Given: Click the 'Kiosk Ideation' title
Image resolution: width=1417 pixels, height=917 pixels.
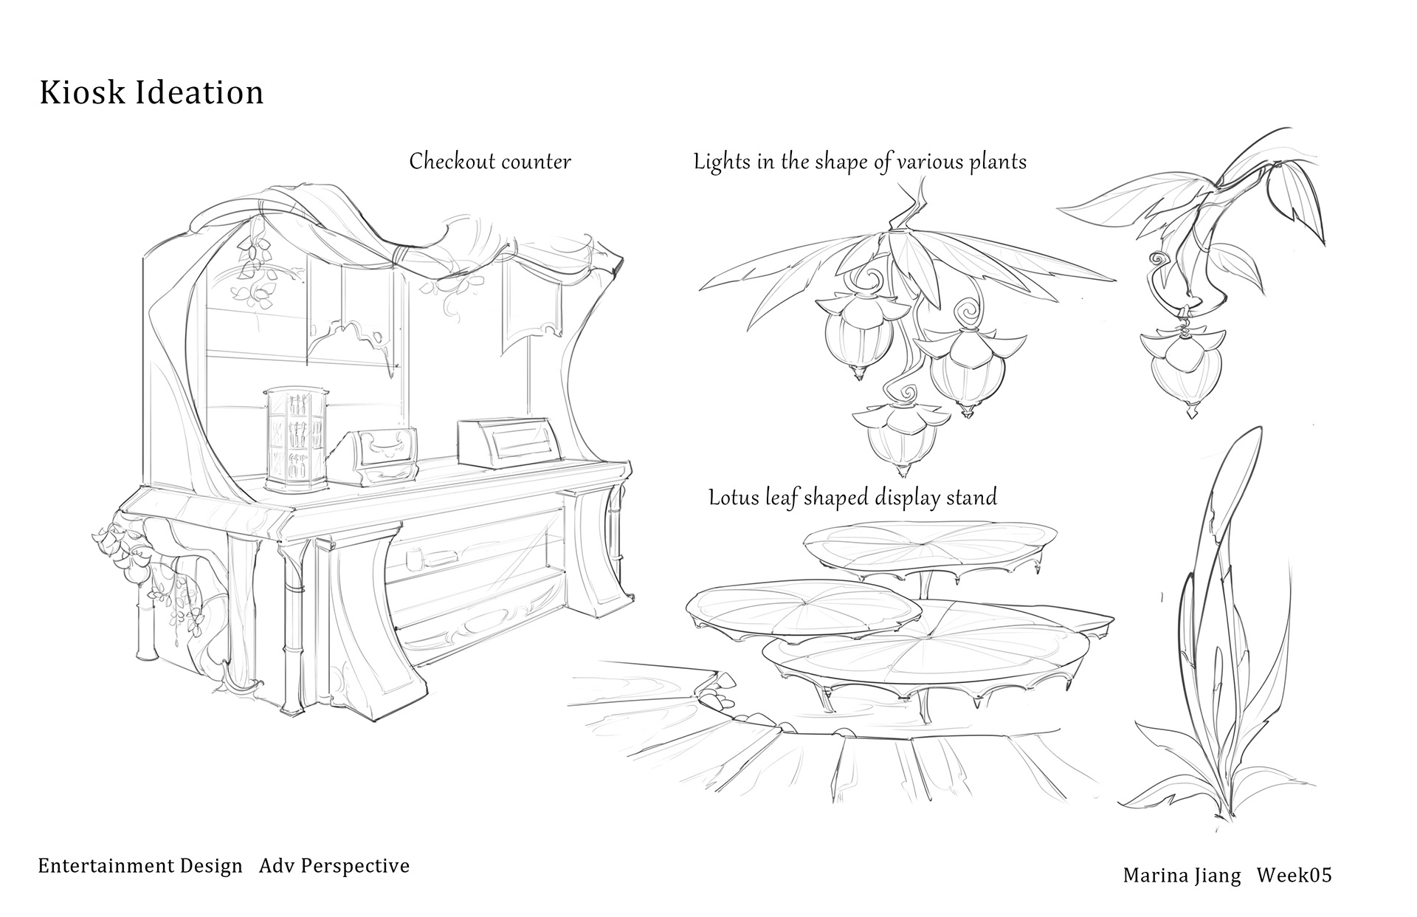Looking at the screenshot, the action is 151,94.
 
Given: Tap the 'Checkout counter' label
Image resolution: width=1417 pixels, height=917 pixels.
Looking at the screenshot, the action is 490,161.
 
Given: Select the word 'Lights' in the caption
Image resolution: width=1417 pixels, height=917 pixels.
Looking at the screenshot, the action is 723,162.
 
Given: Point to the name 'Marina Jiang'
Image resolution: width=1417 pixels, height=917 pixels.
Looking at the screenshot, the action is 1181,876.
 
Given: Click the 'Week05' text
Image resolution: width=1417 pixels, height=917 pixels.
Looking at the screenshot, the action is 1294,876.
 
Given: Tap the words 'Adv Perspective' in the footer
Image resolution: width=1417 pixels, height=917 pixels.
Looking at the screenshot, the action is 334,865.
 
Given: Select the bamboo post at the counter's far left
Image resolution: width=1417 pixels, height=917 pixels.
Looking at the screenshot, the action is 145,620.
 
